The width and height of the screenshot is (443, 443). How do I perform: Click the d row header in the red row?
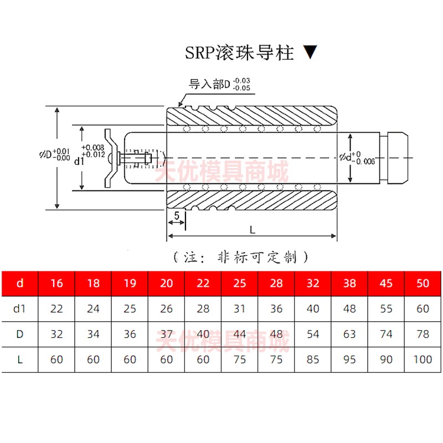click(x=20, y=284)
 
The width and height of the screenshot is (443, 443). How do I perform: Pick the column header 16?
click(x=56, y=284)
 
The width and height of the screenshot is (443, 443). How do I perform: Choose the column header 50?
click(x=423, y=284)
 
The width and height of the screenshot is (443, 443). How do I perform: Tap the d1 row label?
click(x=20, y=308)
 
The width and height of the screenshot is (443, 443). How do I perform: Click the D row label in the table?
click(x=20, y=334)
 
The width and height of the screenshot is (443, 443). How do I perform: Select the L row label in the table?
click(x=20, y=359)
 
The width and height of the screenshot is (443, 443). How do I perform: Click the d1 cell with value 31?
click(x=239, y=308)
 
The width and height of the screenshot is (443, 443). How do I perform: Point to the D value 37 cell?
click(x=166, y=334)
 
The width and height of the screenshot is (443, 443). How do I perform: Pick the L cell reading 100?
click(x=423, y=359)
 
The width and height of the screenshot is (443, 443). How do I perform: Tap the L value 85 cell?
click(x=313, y=359)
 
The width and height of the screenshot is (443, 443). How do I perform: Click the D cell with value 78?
click(x=423, y=334)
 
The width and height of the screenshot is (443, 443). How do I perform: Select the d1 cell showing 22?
click(x=56, y=308)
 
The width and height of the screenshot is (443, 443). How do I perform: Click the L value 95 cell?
click(x=349, y=359)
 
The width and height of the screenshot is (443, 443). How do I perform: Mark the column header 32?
click(x=313, y=284)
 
